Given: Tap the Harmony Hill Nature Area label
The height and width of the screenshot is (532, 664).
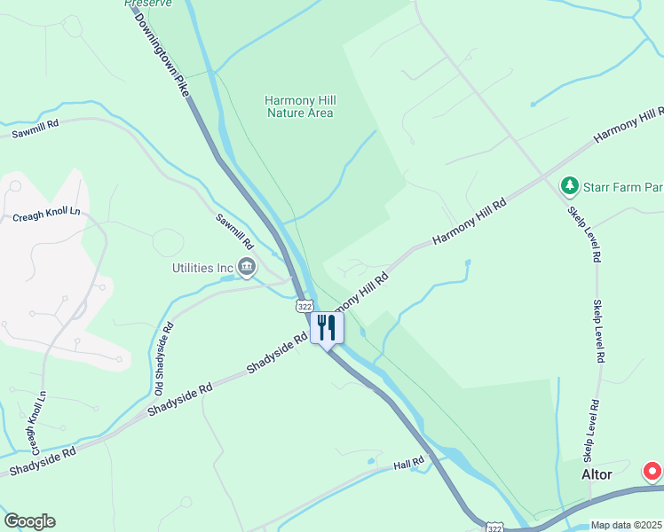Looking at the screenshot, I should [299, 106].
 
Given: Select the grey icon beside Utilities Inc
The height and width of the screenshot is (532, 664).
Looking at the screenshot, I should [247, 266].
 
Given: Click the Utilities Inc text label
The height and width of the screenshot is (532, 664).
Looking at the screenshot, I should [202, 267].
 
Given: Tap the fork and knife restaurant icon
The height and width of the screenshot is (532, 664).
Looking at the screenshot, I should [327, 328].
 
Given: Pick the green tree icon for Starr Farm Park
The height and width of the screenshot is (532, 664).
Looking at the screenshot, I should [569, 186].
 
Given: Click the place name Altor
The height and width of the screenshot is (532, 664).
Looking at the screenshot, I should [597, 474].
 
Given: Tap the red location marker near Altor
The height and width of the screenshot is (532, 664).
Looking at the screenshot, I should [652, 471].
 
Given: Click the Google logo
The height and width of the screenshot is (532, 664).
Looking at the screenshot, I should [29, 521].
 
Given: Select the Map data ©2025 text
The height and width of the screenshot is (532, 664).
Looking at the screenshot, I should [627, 525].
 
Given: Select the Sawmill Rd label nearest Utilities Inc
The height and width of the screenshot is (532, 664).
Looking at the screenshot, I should [235, 231].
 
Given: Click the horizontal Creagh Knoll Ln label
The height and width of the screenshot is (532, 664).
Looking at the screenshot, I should [46, 214].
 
